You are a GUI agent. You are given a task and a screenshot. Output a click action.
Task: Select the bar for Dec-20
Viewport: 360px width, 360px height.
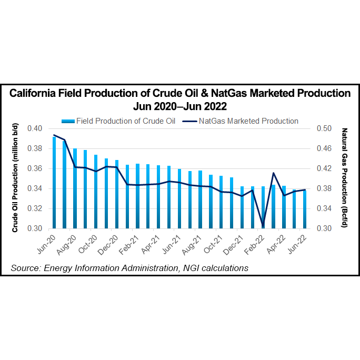[x=117, y=194]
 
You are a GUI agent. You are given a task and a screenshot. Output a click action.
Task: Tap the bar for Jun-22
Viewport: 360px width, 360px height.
[x=305, y=209]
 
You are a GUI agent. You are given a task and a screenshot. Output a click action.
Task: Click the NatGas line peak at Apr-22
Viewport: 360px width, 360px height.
[x=273, y=173]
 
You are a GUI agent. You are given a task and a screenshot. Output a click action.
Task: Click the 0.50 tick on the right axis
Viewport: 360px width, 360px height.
[x=325, y=128]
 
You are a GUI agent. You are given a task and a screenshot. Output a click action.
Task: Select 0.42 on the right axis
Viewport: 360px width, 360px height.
[x=325, y=168]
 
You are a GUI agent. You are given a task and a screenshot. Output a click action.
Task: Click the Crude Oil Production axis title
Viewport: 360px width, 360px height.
[x=15, y=178]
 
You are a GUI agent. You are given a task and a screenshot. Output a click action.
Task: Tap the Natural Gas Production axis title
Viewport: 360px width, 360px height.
[x=345, y=178]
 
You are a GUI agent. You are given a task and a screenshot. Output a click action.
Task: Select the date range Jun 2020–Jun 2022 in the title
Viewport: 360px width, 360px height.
[x=180, y=106]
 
